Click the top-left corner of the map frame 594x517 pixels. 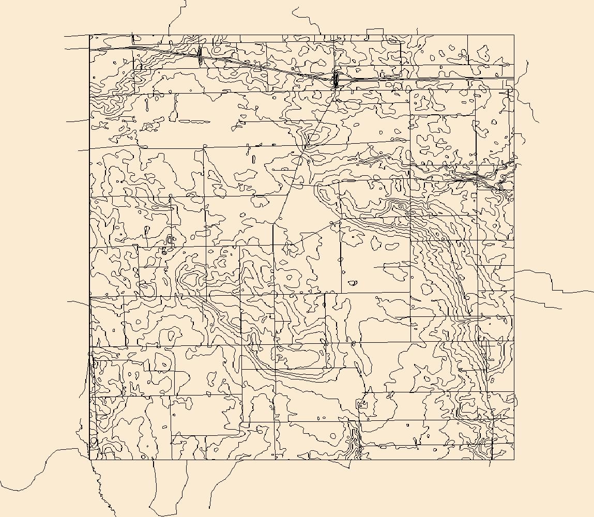89,35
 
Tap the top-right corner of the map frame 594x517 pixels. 514,35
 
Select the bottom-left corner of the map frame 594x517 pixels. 89,460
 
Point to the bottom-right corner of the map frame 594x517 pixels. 514,460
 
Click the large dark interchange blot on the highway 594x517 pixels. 335,79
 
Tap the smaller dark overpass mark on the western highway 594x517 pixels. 199,54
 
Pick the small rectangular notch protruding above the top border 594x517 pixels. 375,32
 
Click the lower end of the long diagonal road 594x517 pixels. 273,223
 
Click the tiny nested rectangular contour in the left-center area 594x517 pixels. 170,239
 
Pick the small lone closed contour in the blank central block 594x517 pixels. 353,283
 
